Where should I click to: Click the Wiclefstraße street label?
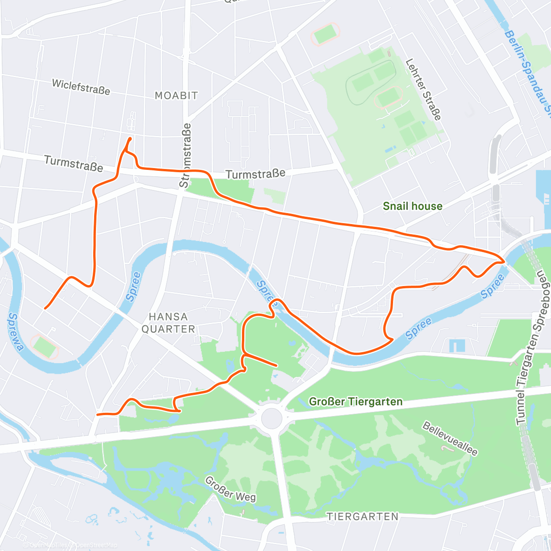81,87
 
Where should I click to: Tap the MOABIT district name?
176,96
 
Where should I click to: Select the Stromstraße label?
185,155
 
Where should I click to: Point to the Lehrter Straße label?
423,89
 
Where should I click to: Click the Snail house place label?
412,206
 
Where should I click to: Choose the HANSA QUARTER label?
168,323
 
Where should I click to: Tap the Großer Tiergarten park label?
355,402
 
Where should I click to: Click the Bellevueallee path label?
450,439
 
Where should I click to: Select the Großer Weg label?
230,489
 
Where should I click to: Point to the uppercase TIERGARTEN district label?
362,517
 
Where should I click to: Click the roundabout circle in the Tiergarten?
271,418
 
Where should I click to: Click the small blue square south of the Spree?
457,345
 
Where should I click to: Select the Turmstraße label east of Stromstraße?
255,174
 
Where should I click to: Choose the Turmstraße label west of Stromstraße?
73,163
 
